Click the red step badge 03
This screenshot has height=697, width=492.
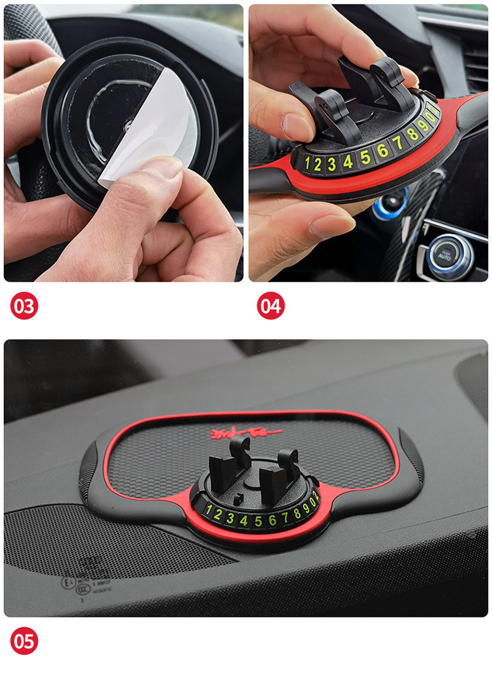(x=24, y=306)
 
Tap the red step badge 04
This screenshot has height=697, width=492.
(x=270, y=306)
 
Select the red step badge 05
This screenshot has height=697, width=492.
(x=24, y=641)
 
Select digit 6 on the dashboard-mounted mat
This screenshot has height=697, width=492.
(x=272, y=520)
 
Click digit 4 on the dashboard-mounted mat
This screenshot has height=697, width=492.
(x=244, y=520)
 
